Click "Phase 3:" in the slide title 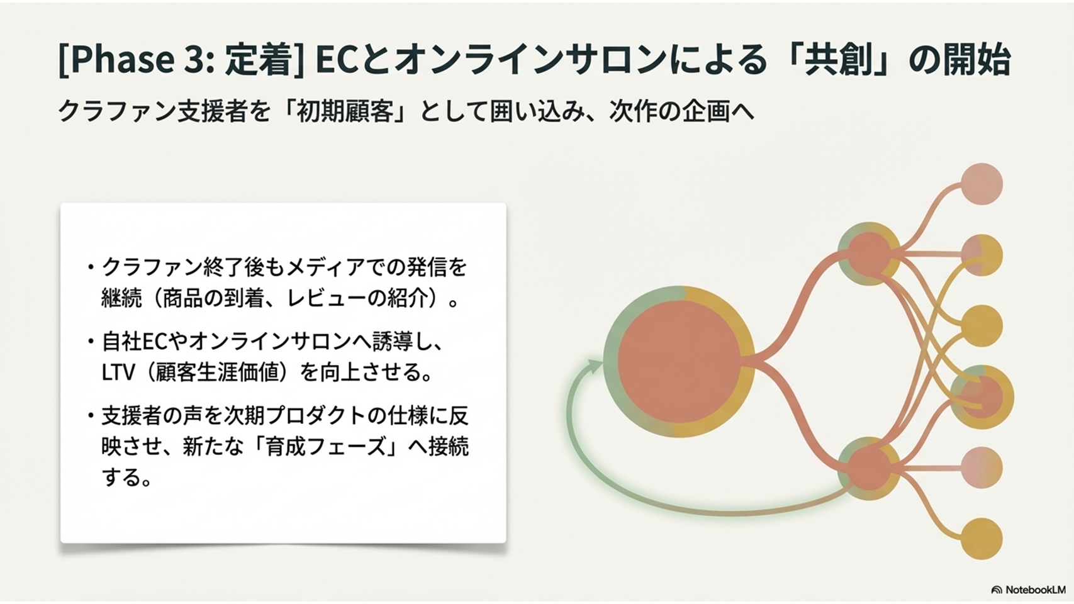coord(137,59)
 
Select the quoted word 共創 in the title coord(837,59)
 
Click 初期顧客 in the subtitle coord(345,112)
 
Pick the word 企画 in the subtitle coord(704,112)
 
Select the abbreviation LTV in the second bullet coord(118,372)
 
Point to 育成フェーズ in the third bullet coord(326,447)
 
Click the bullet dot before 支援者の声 coord(90,416)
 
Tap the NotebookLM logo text coord(1035,590)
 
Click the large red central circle coord(679,361)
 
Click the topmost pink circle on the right coord(982,184)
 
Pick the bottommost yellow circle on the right coord(982,539)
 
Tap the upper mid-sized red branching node coord(869,254)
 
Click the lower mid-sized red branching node coord(869,469)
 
